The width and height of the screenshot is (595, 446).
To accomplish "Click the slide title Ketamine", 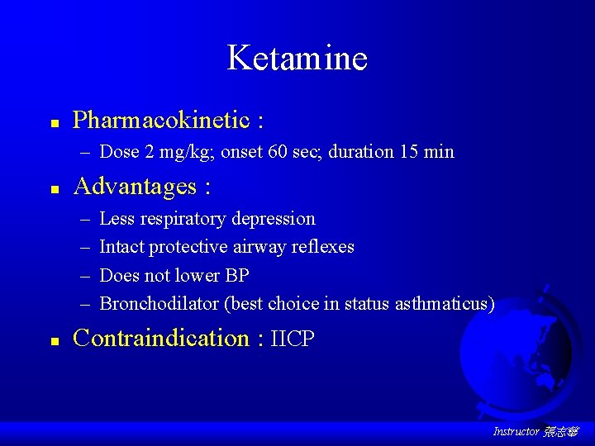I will point(297,59).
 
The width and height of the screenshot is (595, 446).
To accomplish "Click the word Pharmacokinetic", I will point(161,121).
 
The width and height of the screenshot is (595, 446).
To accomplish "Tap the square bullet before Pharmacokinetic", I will point(54,122).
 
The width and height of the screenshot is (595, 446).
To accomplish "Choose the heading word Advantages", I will point(135,187).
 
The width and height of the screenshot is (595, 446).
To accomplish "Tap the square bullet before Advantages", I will point(54,189).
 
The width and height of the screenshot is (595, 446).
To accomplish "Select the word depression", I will point(274,219).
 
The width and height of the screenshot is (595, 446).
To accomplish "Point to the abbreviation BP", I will point(236,275).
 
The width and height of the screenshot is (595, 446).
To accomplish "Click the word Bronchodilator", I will point(159,304).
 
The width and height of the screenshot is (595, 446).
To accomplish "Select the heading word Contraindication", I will point(161,339).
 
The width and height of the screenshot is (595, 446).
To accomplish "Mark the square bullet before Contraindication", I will point(54,340).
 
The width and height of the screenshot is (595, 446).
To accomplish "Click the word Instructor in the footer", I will point(516,432).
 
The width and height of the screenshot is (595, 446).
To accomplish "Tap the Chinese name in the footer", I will point(561,432).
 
